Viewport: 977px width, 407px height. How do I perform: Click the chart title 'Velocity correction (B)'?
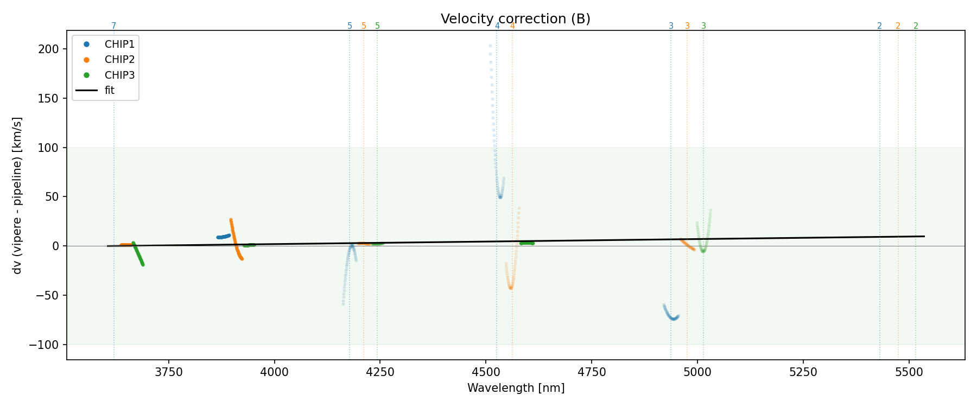tap(515, 19)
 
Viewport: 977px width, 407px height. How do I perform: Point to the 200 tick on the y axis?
tap(52, 49)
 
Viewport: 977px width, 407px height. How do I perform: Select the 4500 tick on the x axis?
tap(486, 372)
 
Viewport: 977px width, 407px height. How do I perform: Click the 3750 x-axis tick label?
tap(169, 372)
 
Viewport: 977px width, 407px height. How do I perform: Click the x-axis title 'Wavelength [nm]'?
tap(516, 388)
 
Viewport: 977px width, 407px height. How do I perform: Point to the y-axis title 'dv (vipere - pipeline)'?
tap(17, 195)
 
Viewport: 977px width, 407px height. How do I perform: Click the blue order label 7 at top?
tap(114, 26)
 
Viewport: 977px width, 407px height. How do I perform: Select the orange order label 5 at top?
tap(364, 26)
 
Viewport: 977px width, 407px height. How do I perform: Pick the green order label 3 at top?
tap(703, 26)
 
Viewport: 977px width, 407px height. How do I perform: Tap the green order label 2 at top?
tap(916, 26)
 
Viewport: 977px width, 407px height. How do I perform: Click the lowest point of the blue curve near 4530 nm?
tap(500, 197)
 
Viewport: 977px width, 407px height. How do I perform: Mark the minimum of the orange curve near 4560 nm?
tap(511, 288)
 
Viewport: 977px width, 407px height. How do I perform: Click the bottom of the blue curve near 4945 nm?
tap(674, 319)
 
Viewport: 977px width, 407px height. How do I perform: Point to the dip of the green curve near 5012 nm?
tap(703, 251)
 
